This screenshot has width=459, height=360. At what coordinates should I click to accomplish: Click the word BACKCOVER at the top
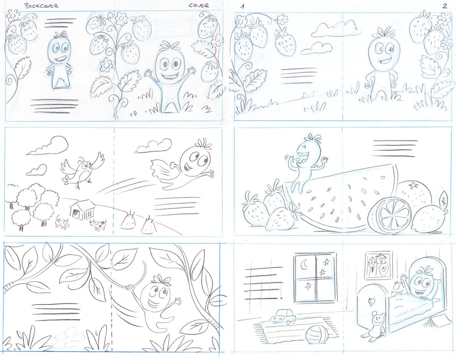tap(41, 6)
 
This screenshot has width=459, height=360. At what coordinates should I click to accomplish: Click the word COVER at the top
tap(199, 5)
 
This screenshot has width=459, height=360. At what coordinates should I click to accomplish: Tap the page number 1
tap(242, 7)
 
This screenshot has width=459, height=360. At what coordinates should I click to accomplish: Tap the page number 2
tap(444, 6)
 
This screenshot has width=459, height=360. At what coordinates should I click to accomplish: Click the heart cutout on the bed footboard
tap(371, 302)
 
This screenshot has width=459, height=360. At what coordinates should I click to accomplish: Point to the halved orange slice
tap(389, 215)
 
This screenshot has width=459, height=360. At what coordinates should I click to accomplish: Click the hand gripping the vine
tap(130, 287)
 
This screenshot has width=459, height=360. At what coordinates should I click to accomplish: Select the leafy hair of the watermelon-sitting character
tap(312, 138)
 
